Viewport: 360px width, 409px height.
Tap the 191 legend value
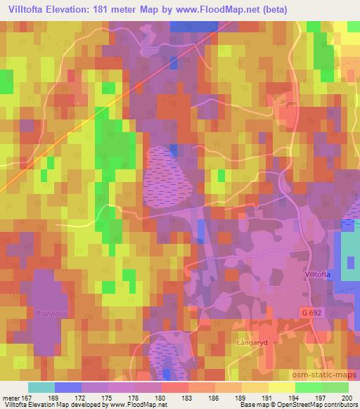268,398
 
